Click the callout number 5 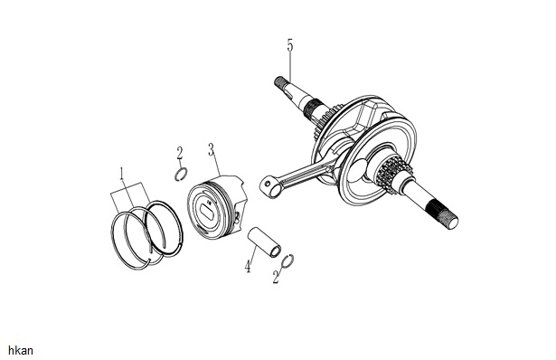click(x=290, y=46)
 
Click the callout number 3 click(x=212, y=150)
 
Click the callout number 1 click(x=122, y=174)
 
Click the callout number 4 click(x=249, y=266)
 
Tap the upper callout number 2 click(x=180, y=154)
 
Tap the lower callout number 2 click(x=277, y=277)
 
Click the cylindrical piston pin click(x=264, y=242)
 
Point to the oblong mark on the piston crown click(x=206, y=211)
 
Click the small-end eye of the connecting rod click(x=270, y=186)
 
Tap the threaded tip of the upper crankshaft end click(x=279, y=82)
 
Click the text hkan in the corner click(x=21, y=351)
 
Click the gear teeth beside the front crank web click(x=389, y=174)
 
